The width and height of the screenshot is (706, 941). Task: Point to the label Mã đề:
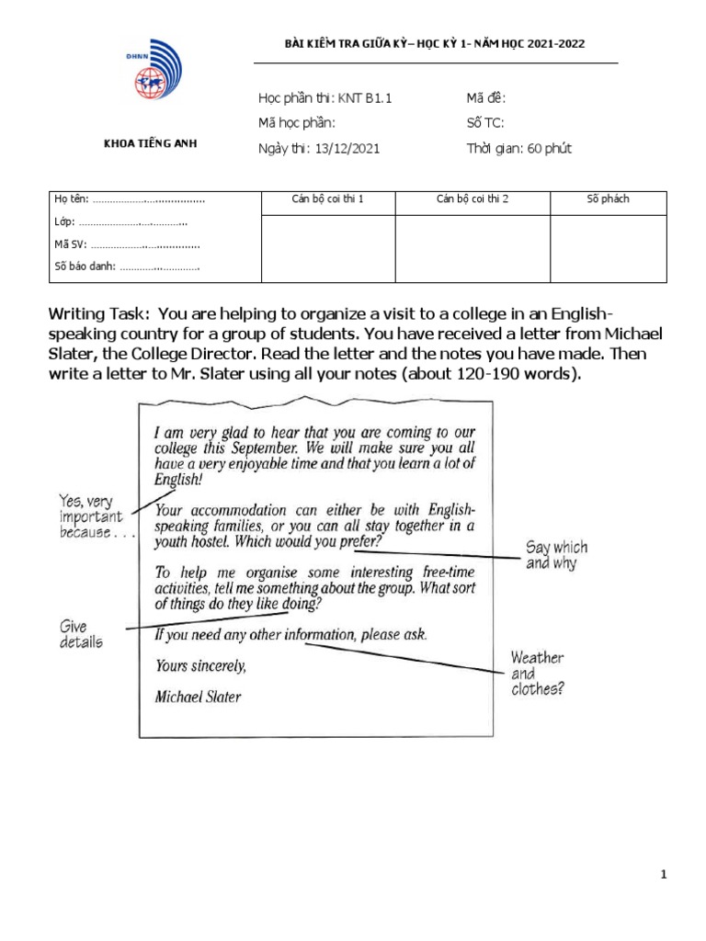click(x=486, y=98)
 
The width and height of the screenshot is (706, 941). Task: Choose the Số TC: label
click(x=486, y=123)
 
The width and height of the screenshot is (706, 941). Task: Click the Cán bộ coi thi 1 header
click(x=328, y=199)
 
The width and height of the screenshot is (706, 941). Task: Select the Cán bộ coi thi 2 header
click(x=473, y=199)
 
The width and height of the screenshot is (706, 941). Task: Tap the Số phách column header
click(x=608, y=199)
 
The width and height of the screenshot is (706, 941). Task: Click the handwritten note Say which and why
click(x=556, y=555)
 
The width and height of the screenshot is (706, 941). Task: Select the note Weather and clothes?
click(x=537, y=674)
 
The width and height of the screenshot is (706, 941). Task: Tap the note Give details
click(x=81, y=633)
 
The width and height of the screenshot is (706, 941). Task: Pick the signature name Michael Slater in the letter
click(x=198, y=697)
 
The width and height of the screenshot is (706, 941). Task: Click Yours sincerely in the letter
click(x=200, y=666)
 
